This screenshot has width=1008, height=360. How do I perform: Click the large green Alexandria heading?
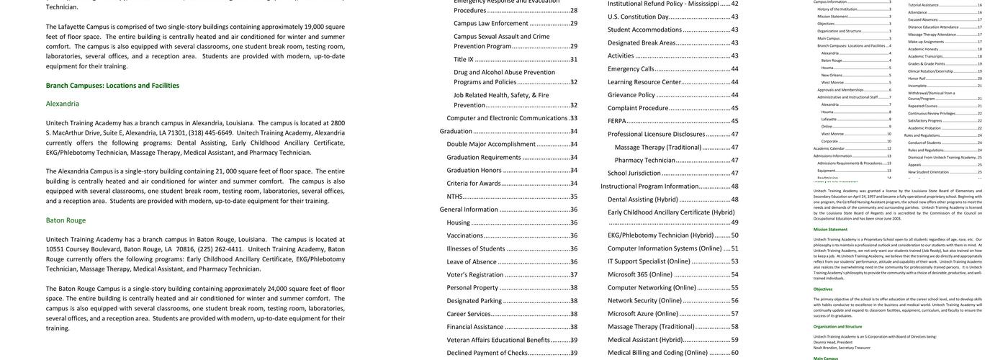pos(63,104)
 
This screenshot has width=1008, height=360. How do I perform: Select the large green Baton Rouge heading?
pos(66,220)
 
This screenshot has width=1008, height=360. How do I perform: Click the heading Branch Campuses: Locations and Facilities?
pos(112,85)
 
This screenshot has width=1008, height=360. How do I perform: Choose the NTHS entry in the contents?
pos(454,196)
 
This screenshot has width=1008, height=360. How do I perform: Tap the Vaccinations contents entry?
pos(464,235)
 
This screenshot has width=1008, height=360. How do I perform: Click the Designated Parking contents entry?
pos(474,301)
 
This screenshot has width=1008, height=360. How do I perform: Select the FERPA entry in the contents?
pos(617,121)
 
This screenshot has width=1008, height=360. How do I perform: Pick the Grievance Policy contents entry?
pos(631,94)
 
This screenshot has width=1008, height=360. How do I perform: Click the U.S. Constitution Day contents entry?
pos(638,17)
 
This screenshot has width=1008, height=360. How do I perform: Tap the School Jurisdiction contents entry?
pos(634,173)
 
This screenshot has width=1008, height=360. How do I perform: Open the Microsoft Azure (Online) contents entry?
pos(643,313)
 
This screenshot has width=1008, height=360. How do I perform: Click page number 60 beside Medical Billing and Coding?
pos(734,353)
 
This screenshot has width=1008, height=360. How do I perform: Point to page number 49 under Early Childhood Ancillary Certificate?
pos(734,222)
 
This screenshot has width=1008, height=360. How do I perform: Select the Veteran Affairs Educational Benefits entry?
pos(498,340)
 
